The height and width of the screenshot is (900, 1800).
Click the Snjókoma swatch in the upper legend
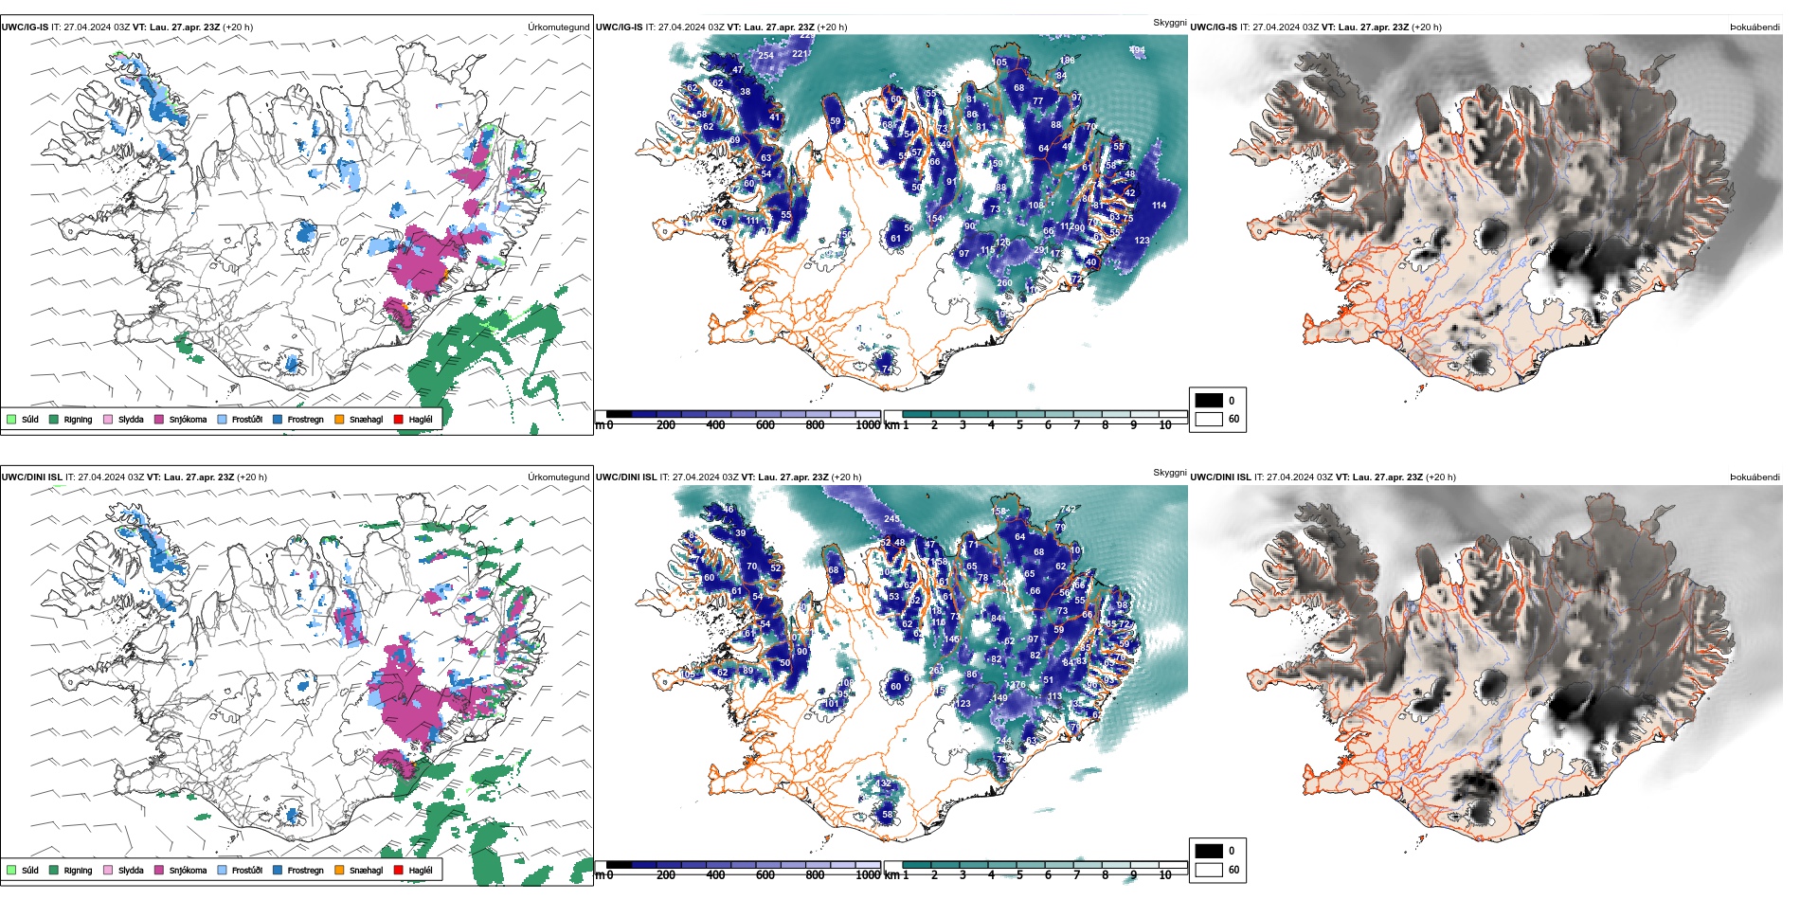coord(159,419)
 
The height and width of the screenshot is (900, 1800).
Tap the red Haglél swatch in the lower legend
coord(399,870)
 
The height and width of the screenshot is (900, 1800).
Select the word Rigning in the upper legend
coord(78,420)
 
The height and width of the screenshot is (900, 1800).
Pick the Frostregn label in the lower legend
coord(305,871)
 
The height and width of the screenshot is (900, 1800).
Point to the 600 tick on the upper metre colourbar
coord(765,425)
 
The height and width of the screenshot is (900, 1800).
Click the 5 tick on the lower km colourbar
coord(1019,875)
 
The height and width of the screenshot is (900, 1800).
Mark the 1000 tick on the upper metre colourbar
coord(868,425)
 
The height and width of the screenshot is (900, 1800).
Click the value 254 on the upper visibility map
coord(765,56)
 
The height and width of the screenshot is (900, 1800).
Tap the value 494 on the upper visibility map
coord(1137,50)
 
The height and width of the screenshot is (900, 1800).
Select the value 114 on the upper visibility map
coord(1159,206)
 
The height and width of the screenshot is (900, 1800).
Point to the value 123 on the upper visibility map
coord(1142,241)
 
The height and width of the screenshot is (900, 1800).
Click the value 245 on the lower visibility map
coord(891,519)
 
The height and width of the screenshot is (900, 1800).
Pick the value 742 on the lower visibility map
coord(1068,510)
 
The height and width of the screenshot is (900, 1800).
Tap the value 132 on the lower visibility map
coord(884,783)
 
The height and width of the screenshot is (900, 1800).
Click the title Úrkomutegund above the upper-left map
coord(558,27)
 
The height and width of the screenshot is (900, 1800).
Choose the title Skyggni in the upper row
coord(1169,23)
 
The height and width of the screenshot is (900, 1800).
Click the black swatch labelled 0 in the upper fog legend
coord(1209,401)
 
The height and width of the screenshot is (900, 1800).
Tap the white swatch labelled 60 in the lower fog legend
coord(1209,870)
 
